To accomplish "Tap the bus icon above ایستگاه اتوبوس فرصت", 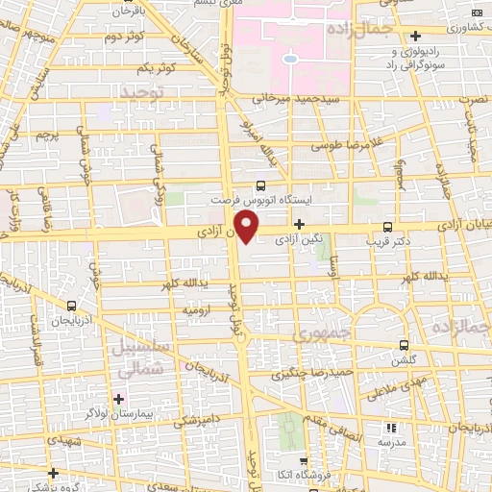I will coord(261,186).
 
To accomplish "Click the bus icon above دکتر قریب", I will coord(387,228).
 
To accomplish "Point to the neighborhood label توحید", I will coord(142,89).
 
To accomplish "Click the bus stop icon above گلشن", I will coord(404,345).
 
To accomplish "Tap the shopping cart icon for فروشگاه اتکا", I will coord(303,460).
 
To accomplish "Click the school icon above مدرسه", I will coord(391,427).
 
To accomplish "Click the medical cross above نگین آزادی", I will coord(300,224).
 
